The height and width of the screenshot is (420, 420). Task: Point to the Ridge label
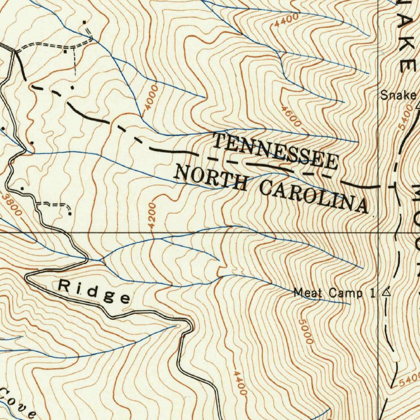point(95,291)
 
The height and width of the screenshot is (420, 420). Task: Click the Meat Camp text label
point(328,293)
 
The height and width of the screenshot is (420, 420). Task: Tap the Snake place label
point(397,95)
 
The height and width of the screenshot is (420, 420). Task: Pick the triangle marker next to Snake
point(418,106)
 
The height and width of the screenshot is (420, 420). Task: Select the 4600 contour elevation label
point(291,116)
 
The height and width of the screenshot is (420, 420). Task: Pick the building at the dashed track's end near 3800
point(70,213)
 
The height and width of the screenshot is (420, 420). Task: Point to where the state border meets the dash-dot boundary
point(394,186)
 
